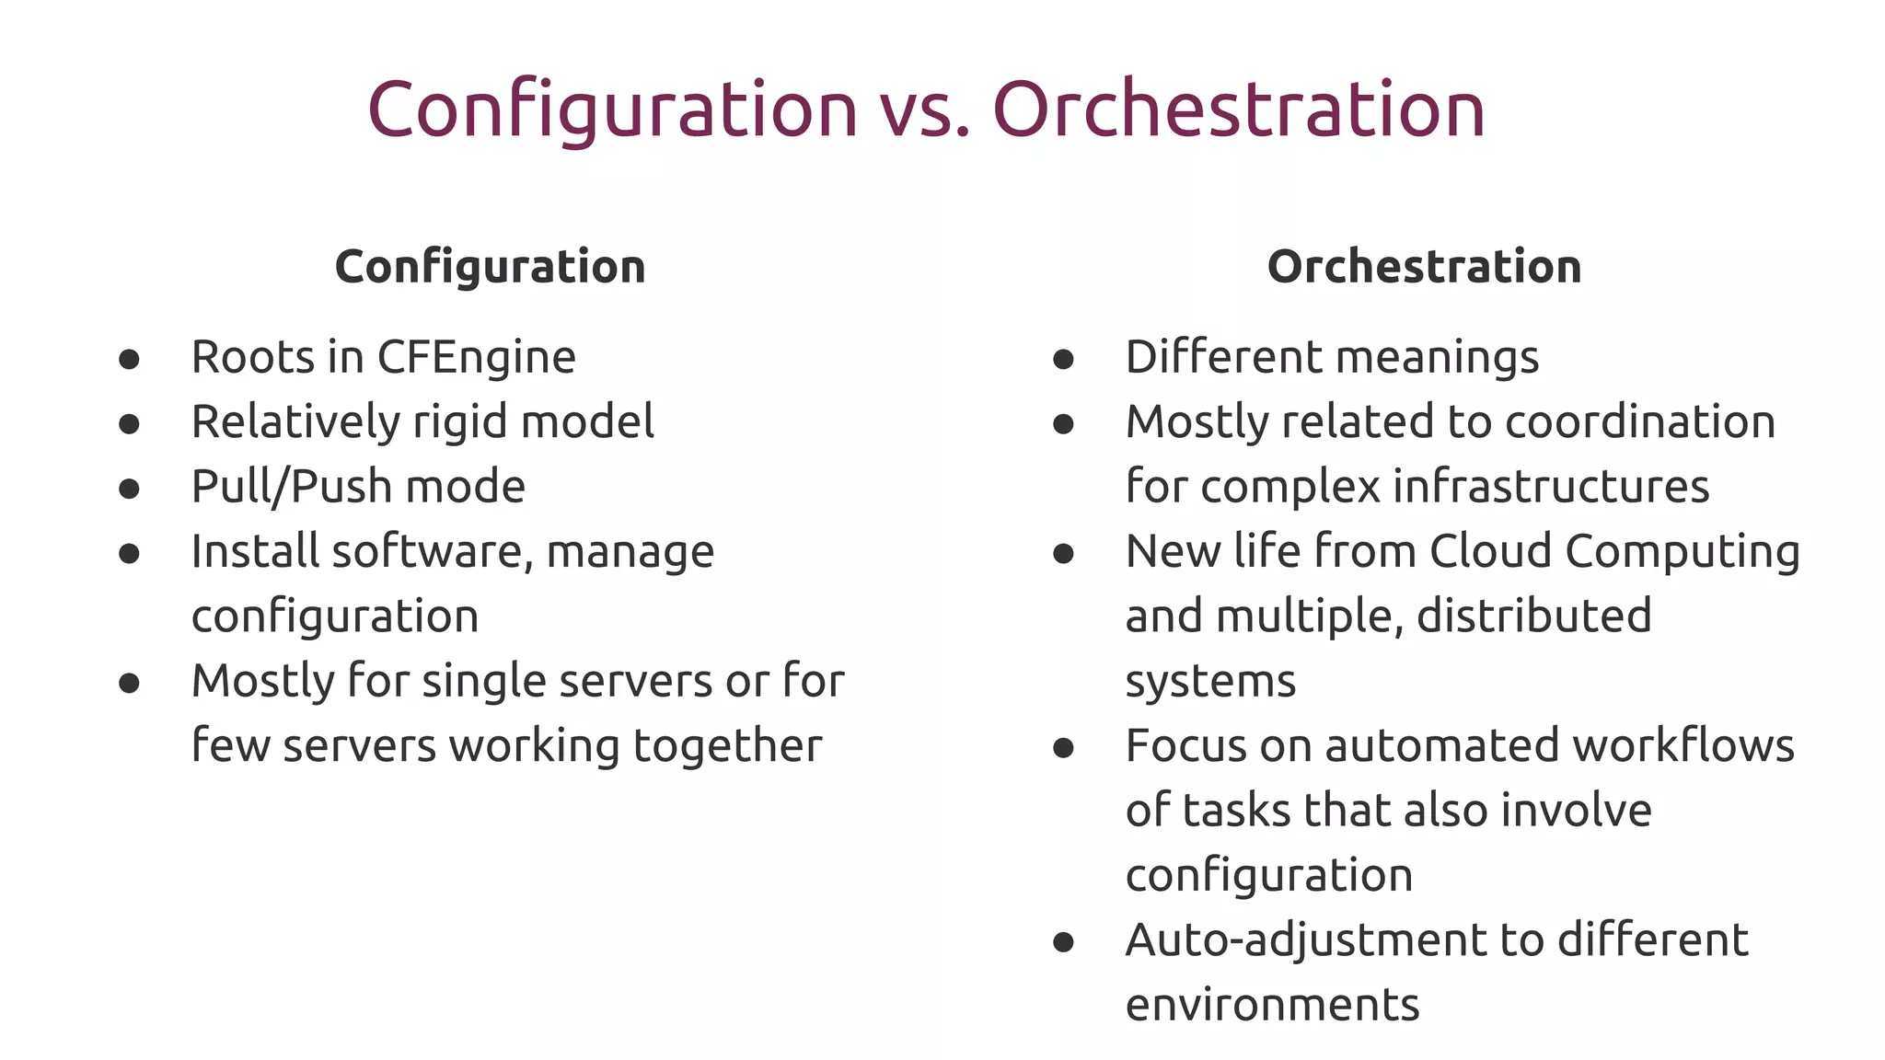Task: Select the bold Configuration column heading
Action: [490, 268]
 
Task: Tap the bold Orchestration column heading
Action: [1424, 267]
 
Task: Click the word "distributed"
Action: [1533, 616]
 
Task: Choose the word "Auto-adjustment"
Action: [1305, 940]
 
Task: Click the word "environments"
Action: [1272, 1005]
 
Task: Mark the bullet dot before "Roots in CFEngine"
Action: [129, 359]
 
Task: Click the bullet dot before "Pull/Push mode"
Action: [129, 489]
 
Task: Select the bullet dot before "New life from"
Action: [1063, 554]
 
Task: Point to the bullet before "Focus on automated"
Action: [1063, 748]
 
